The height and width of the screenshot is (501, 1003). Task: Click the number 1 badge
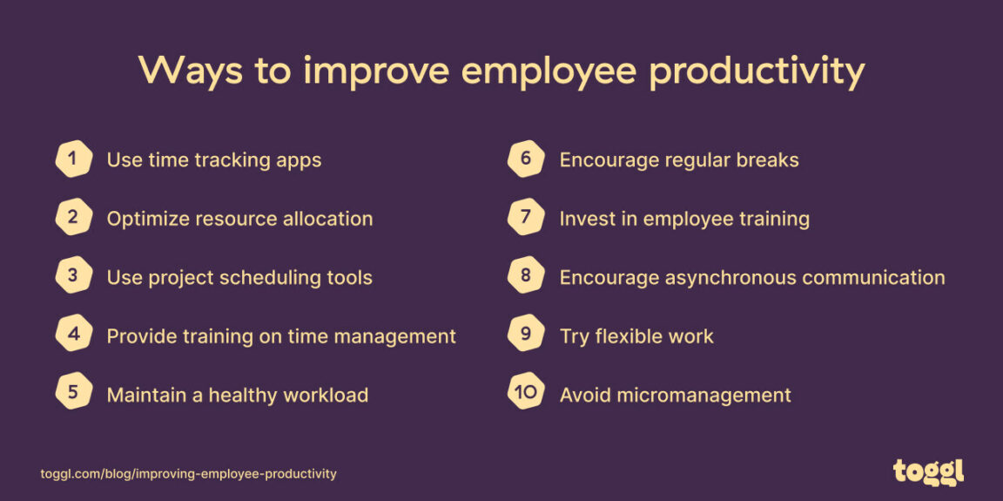(x=73, y=159)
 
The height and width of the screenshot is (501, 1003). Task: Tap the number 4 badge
(x=73, y=335)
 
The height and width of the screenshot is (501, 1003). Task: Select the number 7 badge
(x=526, y=218)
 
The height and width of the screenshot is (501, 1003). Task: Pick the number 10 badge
(x=526, y=393)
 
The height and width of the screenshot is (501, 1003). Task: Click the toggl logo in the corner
(x=928, y=471)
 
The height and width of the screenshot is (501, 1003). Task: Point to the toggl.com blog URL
(x=188, y=474)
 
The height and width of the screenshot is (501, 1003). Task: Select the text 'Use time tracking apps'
(x=214, y=160)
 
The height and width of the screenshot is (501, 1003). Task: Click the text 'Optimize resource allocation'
(x=239, y=219)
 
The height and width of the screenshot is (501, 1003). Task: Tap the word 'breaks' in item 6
(x=765, y=160)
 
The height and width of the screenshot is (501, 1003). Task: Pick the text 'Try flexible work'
(x=636, y=336)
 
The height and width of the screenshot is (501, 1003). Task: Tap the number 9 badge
(x=526, y=335)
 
